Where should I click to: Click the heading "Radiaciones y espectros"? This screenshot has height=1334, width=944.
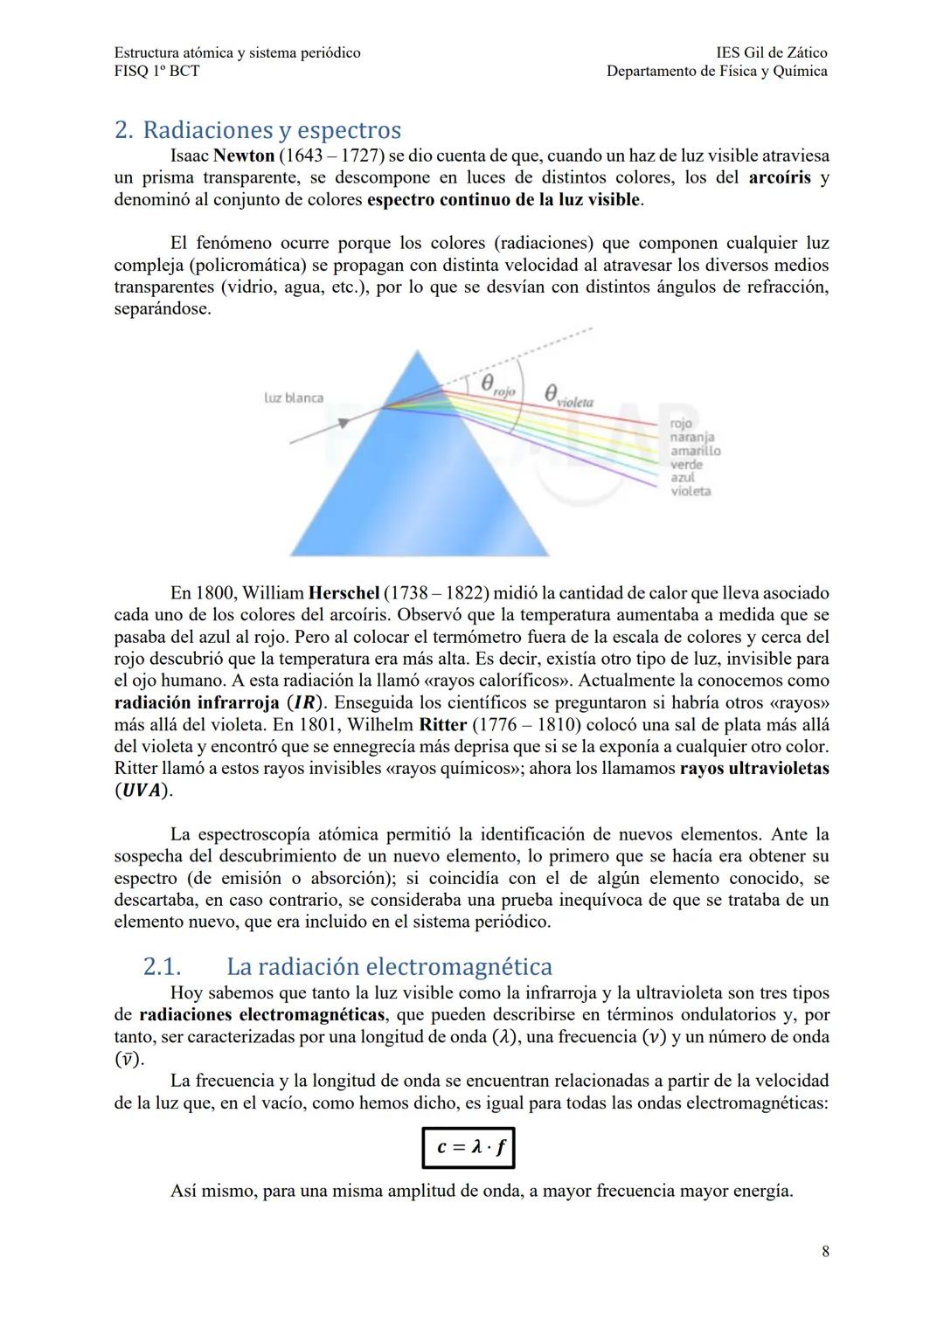[271, 130]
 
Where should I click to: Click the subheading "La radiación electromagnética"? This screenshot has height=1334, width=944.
[389, 967]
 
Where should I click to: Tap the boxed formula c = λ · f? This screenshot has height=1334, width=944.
[469, 1147]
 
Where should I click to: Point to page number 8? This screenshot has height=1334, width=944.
[825, 1251]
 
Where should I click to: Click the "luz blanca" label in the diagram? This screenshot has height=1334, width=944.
[294, 398]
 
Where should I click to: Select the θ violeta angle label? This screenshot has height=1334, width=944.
[568, 397]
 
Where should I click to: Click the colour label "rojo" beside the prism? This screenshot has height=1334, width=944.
[681, 424]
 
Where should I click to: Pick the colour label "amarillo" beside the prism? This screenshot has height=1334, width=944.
[696, 451]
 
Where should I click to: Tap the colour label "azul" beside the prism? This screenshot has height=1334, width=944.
[683, 478]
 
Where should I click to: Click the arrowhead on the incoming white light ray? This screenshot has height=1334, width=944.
[344, 422]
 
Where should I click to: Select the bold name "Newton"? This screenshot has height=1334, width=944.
[244, 156]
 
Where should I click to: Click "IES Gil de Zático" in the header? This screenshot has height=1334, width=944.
[771, 52]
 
